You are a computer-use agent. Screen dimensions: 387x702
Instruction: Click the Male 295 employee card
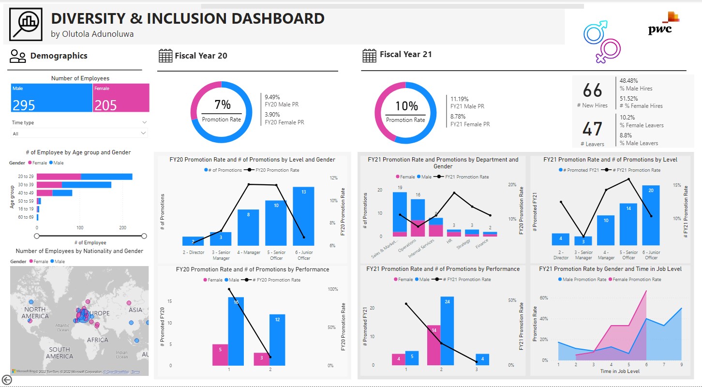pyautogui.click(x=51, y=98)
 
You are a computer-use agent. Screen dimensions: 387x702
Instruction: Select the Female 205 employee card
pyautogui.click(x=121, y=98)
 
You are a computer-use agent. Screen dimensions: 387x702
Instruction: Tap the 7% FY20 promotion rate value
pyautogui.click(x=222, y=105)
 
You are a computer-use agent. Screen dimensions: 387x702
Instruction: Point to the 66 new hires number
pyautogui.click(x=592, y=90)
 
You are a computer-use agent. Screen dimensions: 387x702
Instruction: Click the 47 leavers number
pyautogui.click(x=592, y=129)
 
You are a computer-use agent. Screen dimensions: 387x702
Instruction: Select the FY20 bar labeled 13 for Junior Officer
pyautogui.click(x=303, y=216)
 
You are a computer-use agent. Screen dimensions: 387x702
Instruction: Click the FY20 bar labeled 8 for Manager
pyautogui.click(x=248, y=227)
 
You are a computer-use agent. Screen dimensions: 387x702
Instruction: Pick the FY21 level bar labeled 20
pyautogui.click(x=651, y=215)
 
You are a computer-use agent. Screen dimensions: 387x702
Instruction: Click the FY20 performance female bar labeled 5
pyautogui.click(x=220, y=355)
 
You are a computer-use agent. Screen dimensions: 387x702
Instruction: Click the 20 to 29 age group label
pyautogui.click(x=26, y=177)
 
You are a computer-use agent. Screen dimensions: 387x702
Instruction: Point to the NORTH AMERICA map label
pyautogui.click(x=35, y=313)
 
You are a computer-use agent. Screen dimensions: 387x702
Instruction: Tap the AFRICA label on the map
pyautogui.click(x=98, y=340)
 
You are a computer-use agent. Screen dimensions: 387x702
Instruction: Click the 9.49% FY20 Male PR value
pyautogui.click(x=272, y=97)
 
